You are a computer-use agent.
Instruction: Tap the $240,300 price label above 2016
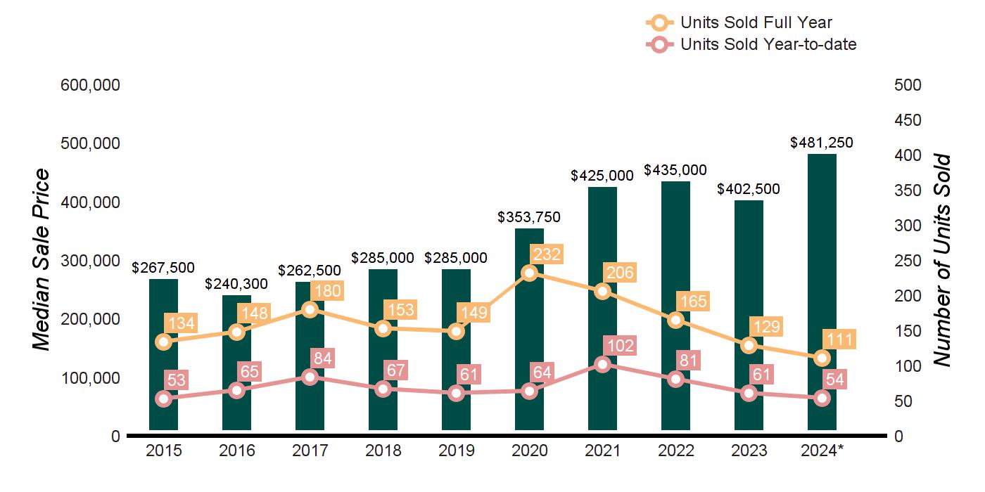point(236,285)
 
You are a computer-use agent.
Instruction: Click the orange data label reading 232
point(546,254)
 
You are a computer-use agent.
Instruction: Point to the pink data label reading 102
point(619,345)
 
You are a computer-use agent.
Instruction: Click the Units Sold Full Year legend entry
point(756,22)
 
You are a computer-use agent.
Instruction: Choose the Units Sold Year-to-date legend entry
point(768,44)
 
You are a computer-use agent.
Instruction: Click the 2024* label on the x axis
point(822,451)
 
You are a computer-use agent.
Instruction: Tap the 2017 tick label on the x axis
point(310,451)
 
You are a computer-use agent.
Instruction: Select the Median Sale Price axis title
point(42,260)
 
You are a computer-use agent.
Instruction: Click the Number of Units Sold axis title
point(942,260)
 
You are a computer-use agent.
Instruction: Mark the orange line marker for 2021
point(602,291)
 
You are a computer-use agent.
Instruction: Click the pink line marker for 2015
point(163,399)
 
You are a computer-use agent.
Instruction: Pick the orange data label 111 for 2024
point(839,340)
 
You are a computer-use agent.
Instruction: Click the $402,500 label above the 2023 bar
point(749,189)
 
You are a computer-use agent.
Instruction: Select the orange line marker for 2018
point(383,328)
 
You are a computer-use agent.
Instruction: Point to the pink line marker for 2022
point(675,379)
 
